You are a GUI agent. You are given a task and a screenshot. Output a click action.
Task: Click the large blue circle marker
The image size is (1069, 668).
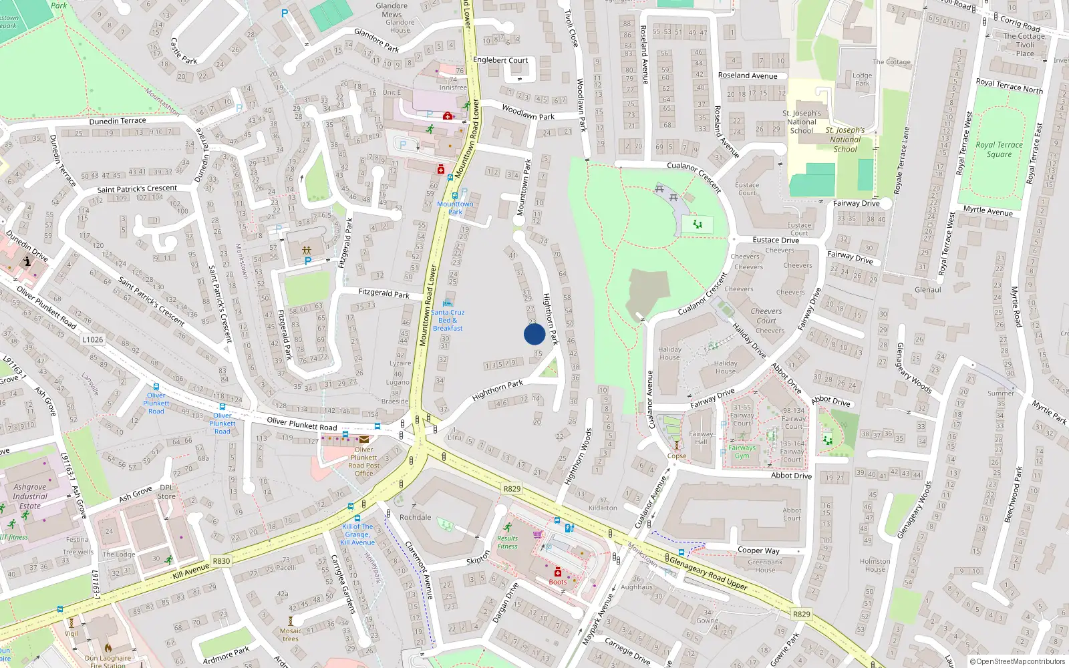coord(534,334)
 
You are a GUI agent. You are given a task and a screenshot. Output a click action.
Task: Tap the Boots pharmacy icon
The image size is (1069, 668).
coord(558,572)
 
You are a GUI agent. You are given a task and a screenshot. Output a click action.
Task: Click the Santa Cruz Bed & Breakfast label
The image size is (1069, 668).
coord(448,320)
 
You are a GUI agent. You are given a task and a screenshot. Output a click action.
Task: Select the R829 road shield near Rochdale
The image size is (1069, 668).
coord(512,489)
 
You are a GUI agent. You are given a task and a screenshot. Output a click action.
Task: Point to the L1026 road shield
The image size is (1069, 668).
coord(93,339)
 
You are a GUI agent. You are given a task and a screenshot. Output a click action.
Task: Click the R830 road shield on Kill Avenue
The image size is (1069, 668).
coord(221,561)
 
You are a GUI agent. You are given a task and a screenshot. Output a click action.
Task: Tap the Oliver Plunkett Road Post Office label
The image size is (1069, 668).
coord(364,461)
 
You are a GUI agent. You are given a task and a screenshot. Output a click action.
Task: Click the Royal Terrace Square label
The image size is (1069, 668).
coord(999,150)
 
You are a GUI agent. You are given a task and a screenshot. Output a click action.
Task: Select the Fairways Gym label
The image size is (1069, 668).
coord(742,452)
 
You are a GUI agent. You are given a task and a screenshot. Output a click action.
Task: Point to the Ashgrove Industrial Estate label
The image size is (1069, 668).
coord(29,496)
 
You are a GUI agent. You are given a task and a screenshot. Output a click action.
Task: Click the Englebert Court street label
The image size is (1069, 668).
coord(500,60)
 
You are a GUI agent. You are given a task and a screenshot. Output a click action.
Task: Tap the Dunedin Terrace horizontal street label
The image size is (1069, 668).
coord(118,121)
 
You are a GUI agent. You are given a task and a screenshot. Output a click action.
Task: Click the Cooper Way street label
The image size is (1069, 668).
coord(758,550)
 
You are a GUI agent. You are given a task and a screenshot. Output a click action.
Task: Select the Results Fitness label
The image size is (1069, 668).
coord(507,542)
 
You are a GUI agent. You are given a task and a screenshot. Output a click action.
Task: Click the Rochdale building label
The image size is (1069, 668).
coord(415,517)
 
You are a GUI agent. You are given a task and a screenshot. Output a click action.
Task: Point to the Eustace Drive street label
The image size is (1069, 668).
coord(776,240)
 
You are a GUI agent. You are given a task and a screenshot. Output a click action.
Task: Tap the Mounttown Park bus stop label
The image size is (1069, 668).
coord(455,208)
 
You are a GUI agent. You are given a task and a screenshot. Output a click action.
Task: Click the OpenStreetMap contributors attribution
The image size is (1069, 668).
coord(1016,661)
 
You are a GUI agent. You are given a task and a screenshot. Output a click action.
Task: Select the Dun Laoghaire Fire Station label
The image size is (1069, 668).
coord(108,661)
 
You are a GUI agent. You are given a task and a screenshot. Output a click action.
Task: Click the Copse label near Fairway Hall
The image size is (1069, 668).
coord(677,456)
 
